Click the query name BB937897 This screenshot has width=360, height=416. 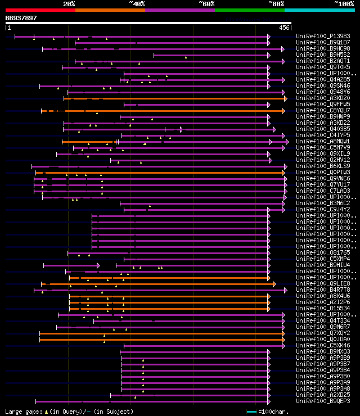click(21, 18)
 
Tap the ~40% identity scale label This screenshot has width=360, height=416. click(137, 3)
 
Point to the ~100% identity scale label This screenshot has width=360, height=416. click(344, 3)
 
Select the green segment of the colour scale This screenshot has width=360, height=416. click(249, 10)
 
